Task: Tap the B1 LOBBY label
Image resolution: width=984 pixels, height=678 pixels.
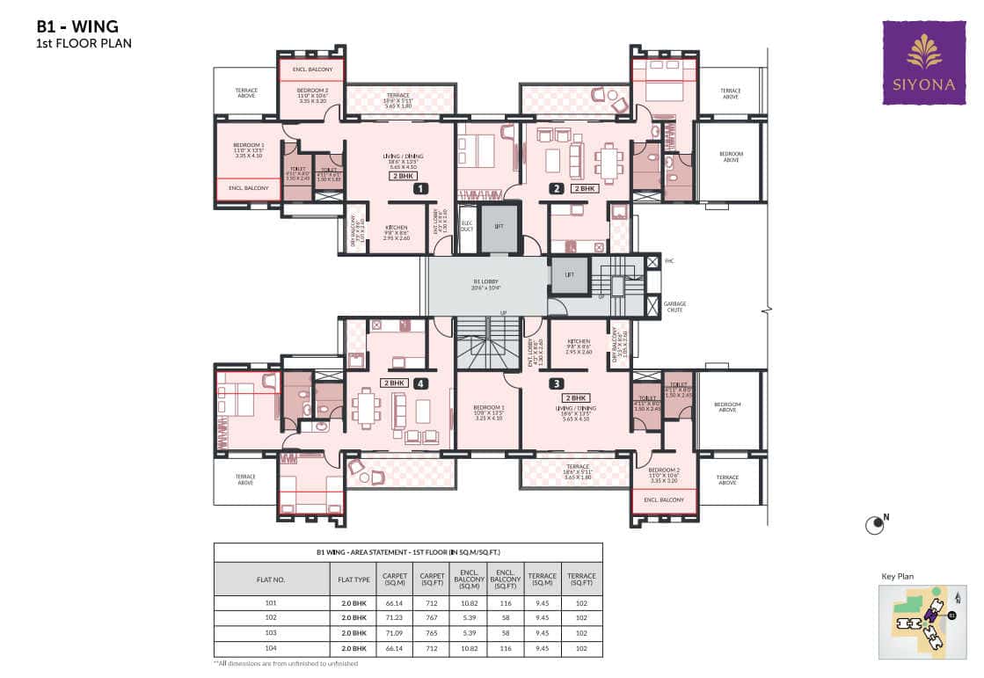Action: (485, 285)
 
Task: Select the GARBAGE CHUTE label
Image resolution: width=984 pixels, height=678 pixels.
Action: (675, 308)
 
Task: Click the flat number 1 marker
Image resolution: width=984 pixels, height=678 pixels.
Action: (421, 188)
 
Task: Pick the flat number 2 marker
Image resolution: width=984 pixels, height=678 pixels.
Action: (556, 188)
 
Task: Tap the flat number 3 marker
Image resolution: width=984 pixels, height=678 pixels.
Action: (557, 383)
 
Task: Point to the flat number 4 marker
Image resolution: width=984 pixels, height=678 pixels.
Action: (421, 383)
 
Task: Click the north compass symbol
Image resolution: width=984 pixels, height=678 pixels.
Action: (874, 526)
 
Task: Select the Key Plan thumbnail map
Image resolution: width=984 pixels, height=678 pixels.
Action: (918, 620)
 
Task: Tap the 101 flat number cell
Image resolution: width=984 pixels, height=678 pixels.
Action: (271, 603)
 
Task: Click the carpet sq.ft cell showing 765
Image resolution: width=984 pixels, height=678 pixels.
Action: (431, 633)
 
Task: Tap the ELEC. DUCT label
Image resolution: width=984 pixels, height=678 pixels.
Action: (467, 227)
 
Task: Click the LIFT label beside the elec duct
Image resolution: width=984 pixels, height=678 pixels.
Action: (499, 226)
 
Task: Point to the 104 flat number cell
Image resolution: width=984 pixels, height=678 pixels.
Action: (271, 648)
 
